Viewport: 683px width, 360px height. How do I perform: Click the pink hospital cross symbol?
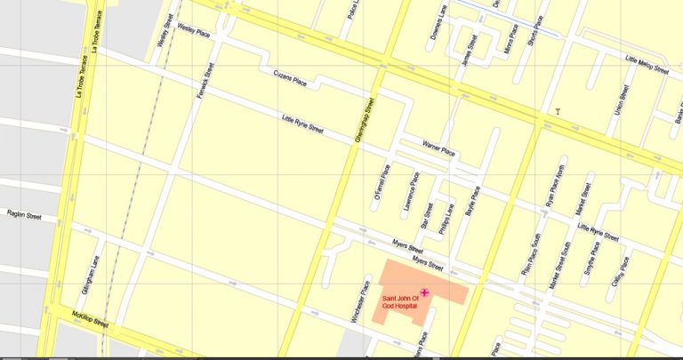(x=424, y=292)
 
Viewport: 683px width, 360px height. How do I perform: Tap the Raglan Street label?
(x=24, y=215)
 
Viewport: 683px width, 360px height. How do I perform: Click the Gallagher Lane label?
(x=94, y=276)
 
